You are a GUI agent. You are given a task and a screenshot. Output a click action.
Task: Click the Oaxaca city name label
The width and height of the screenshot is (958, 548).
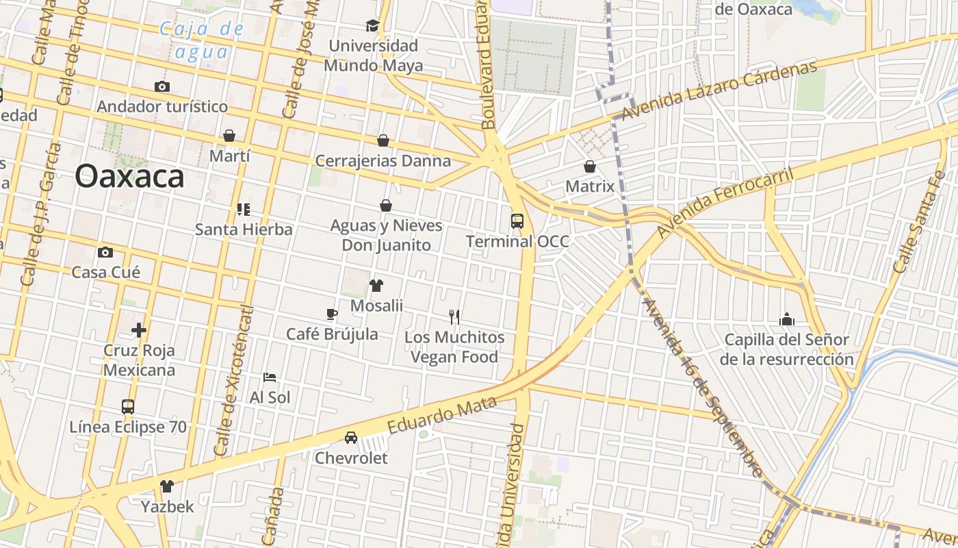129,176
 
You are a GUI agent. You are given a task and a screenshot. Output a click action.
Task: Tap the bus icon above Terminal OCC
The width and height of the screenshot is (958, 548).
517,221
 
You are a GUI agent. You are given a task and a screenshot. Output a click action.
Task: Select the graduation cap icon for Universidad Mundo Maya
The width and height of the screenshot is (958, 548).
372,26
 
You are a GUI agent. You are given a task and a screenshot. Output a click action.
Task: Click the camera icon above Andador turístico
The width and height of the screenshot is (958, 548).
162,86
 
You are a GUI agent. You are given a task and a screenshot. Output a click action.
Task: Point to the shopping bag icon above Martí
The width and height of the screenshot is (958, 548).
229,136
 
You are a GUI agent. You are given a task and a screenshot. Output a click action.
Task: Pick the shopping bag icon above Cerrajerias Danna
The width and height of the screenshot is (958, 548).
383,140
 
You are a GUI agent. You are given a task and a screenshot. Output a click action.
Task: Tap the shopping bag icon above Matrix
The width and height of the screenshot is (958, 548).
590,166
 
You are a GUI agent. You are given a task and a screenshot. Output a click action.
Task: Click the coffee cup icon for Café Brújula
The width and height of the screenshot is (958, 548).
332,314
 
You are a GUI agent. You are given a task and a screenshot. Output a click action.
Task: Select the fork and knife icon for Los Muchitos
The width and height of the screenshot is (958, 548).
454,316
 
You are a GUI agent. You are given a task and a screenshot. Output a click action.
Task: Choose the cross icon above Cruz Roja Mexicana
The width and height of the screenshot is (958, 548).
139,330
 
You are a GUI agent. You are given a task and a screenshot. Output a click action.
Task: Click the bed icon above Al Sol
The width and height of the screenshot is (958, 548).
270,377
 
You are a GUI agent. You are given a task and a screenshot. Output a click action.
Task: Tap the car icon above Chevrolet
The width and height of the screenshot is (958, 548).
351,437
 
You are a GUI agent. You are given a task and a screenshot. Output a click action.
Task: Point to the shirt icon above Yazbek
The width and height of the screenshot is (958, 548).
167,486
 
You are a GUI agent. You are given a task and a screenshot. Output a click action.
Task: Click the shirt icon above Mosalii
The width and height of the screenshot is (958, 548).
376,286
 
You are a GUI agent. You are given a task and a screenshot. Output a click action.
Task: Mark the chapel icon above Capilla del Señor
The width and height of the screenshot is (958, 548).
787,319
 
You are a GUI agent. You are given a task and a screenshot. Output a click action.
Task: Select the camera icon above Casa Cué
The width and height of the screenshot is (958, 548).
105,252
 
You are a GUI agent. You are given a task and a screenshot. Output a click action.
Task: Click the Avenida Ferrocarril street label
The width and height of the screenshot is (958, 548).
725,203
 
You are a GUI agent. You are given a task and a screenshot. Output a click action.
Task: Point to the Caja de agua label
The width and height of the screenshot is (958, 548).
201,40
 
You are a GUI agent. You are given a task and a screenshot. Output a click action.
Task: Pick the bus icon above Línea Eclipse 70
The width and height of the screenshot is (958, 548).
128,406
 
